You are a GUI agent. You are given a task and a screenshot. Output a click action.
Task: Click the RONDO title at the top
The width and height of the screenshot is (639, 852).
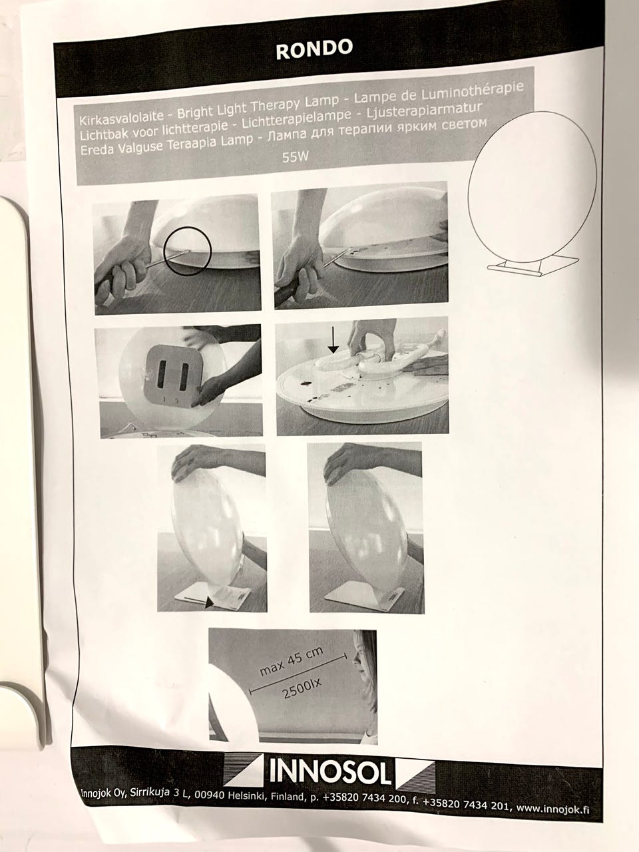[314, 49]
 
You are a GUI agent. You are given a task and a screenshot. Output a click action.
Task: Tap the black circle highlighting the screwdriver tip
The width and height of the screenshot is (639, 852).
[188, 251]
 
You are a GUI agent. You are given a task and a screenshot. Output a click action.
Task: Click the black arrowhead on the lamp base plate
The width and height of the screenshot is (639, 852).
[209, 602]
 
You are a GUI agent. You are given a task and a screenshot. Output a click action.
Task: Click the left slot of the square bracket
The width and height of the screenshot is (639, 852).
[162, 374]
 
